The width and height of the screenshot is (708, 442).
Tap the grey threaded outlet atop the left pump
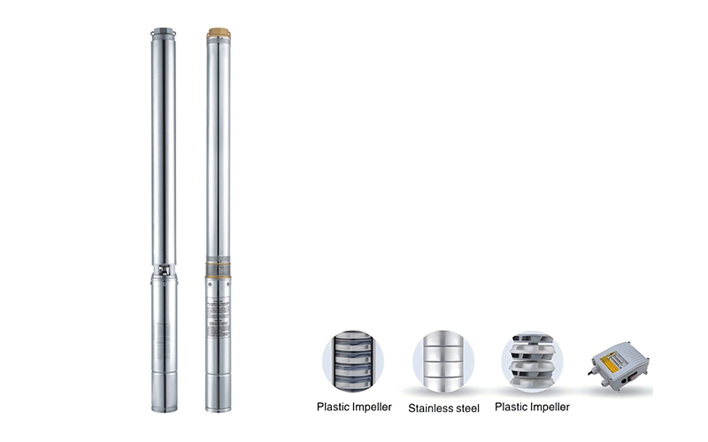click(164, 34)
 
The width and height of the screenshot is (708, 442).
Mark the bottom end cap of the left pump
click(165, 402)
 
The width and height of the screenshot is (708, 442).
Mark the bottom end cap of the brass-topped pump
click(218, 402)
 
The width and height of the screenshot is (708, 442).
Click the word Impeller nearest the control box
click(550, 407)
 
